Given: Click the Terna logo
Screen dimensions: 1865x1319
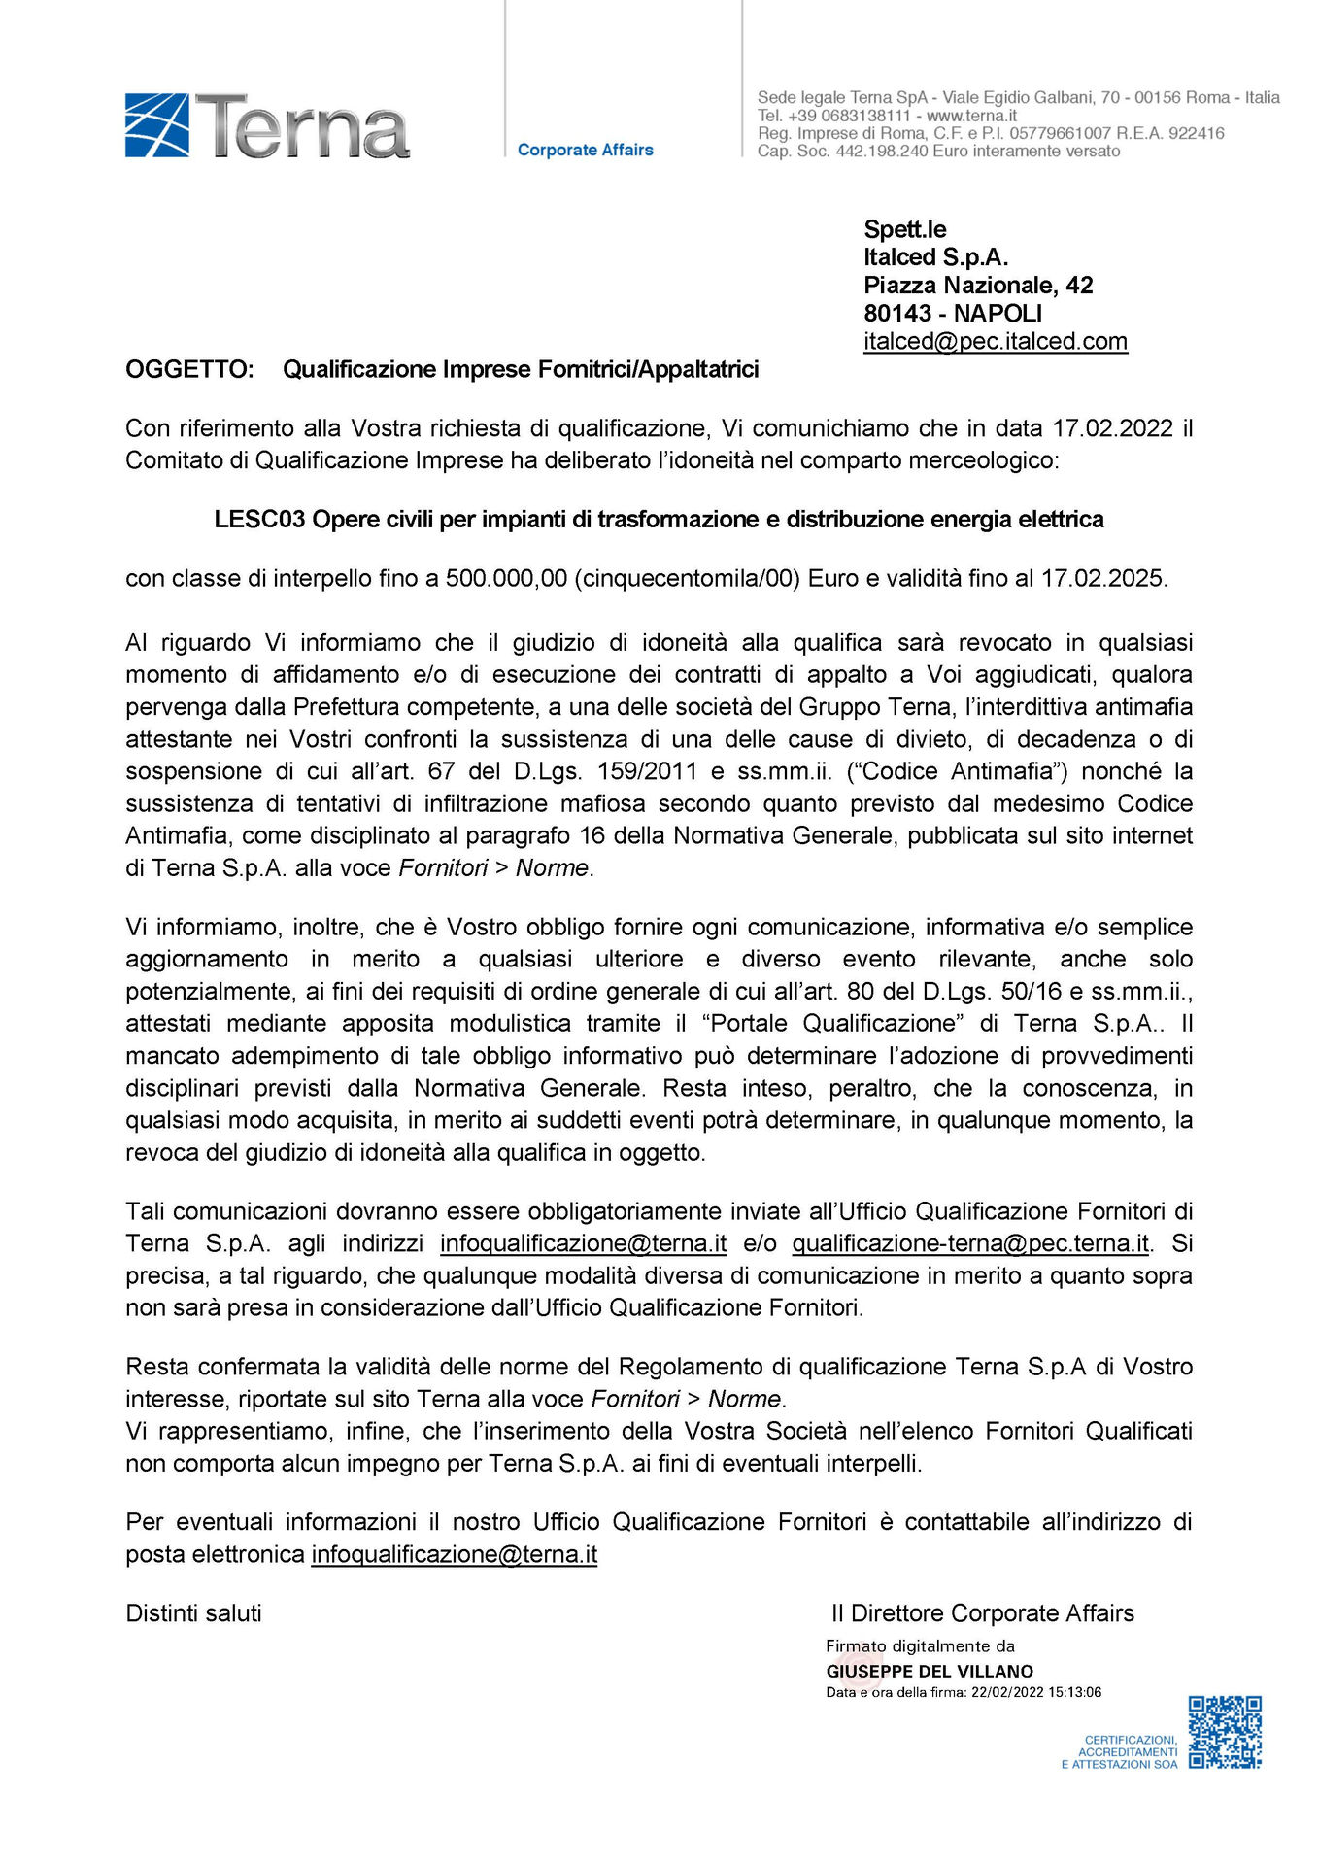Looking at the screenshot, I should (x=267, y=126).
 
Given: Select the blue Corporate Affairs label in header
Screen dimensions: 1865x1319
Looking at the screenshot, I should (x=585, y=150).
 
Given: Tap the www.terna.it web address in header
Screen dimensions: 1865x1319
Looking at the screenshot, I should (x=971, y=116).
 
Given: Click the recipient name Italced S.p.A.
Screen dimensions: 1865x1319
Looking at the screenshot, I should (x=935, y=257).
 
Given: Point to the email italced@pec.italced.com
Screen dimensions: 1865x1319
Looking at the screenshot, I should (x=995, y=342).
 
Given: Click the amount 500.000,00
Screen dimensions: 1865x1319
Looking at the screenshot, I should (x=506, y=579).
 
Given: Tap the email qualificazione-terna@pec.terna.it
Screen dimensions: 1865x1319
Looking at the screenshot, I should (x=970, y=1244).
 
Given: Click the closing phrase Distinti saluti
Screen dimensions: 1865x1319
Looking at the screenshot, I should (x=193, y=1613).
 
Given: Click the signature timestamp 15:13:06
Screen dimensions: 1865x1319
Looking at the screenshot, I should (x=1075, y=1692).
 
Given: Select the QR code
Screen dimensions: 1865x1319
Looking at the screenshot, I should (x=1225, y=1732).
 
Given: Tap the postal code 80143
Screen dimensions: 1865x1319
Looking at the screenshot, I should (x=897, y=314).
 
